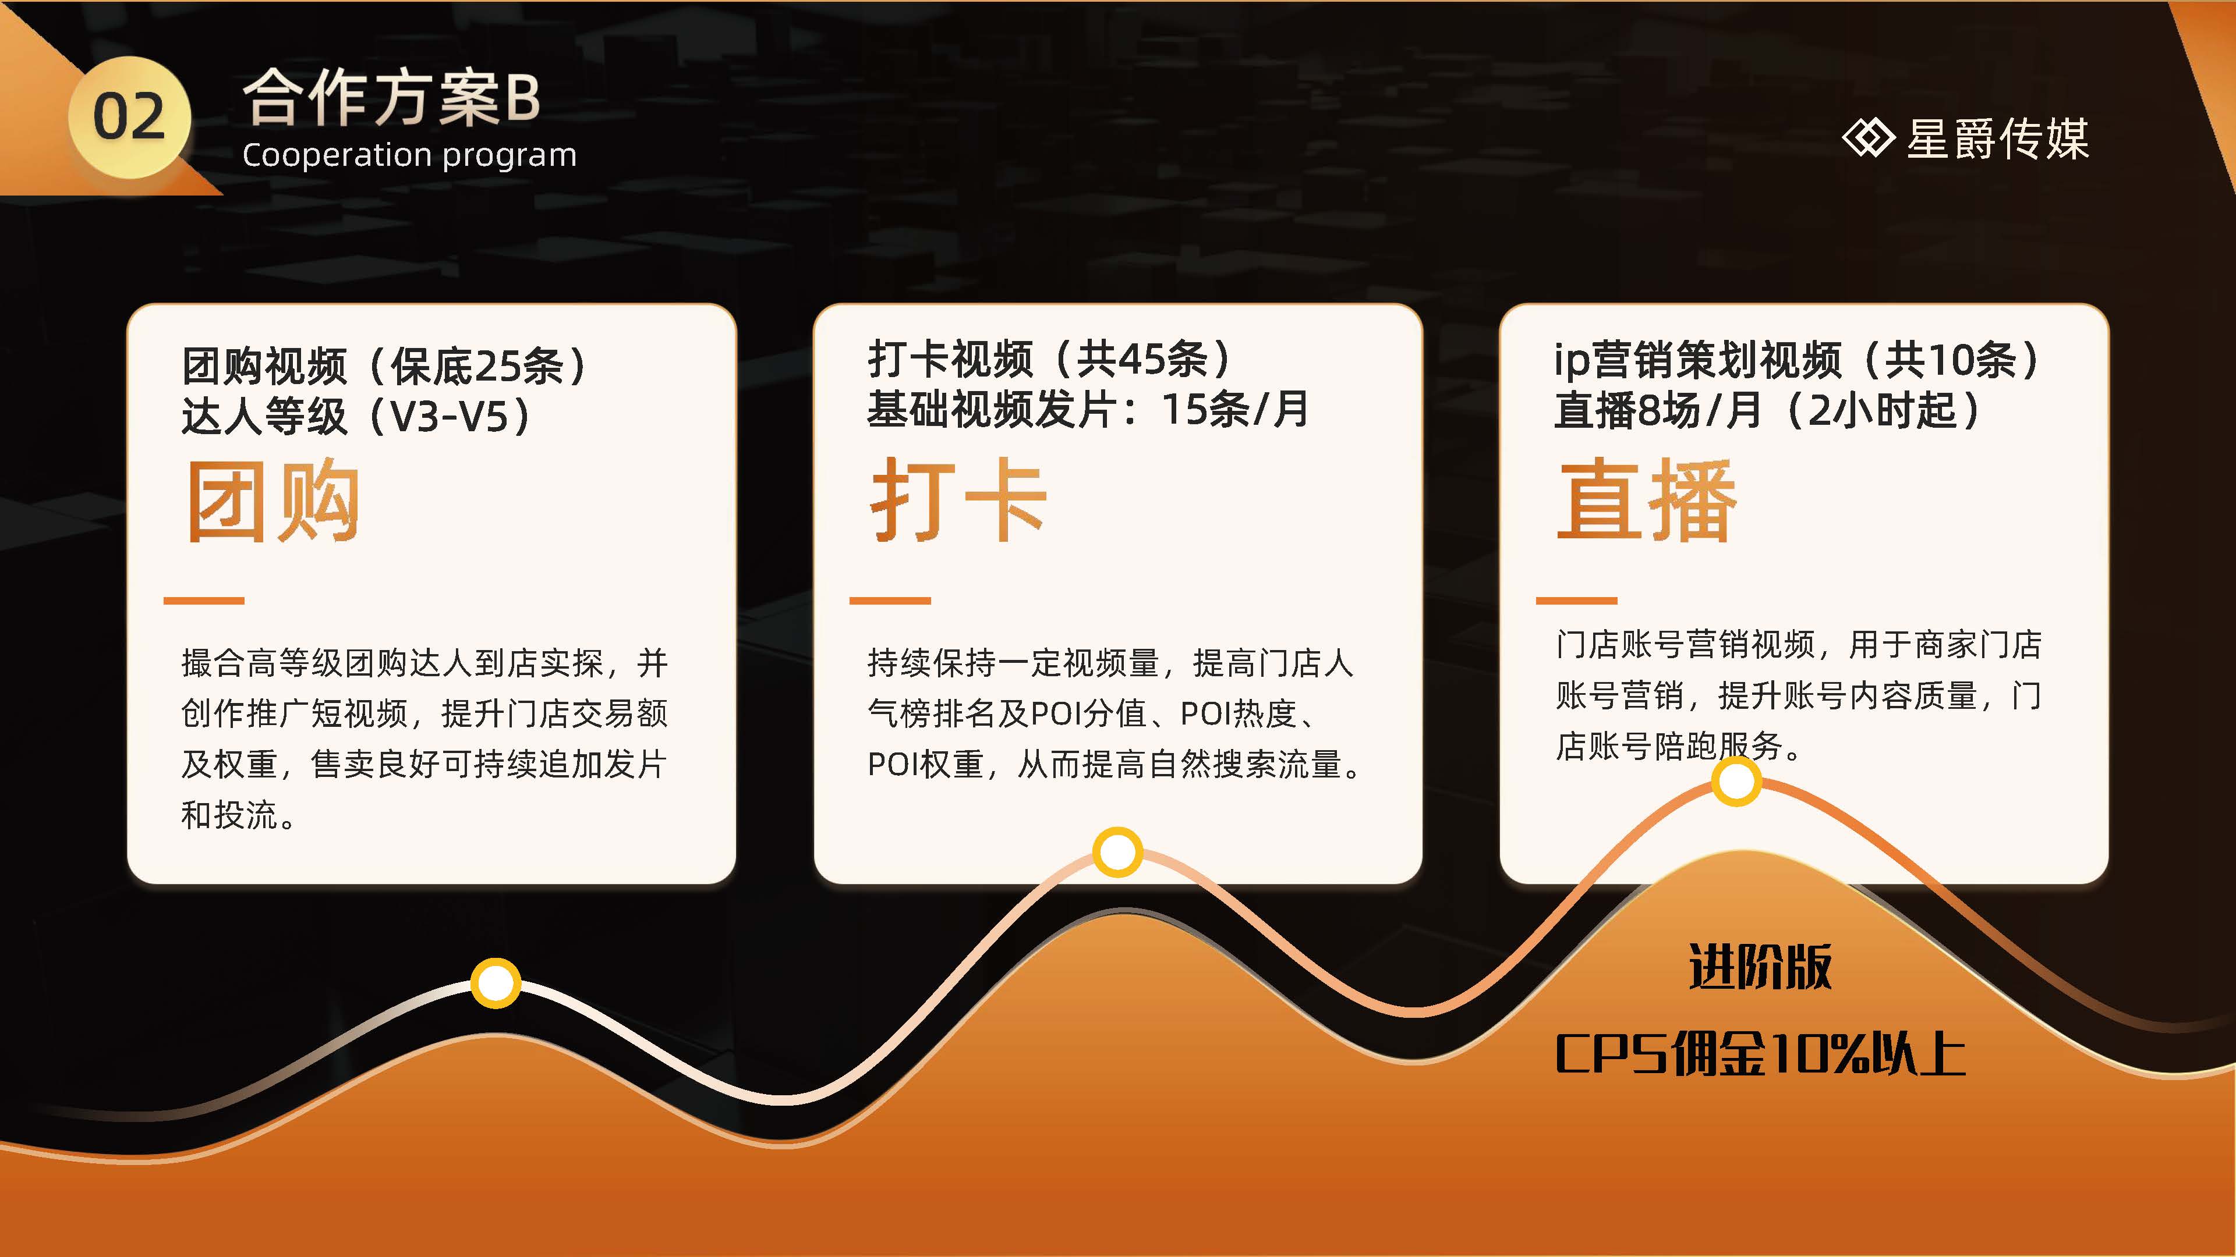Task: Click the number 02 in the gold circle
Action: pos(129,117)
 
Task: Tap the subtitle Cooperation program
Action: pos(409,155)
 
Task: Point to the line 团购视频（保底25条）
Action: pos(384,365)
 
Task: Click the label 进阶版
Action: pos(1760,967)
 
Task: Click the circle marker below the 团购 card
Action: pos(496,983)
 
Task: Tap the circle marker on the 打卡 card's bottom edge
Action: pos(1117,852)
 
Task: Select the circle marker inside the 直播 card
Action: pos(1736,782)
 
